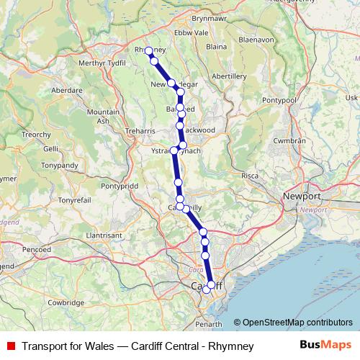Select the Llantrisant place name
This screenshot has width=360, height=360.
105,235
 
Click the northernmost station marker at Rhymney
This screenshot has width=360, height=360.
148,51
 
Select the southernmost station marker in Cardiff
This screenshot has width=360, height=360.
207,289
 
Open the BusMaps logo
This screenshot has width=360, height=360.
325,346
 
